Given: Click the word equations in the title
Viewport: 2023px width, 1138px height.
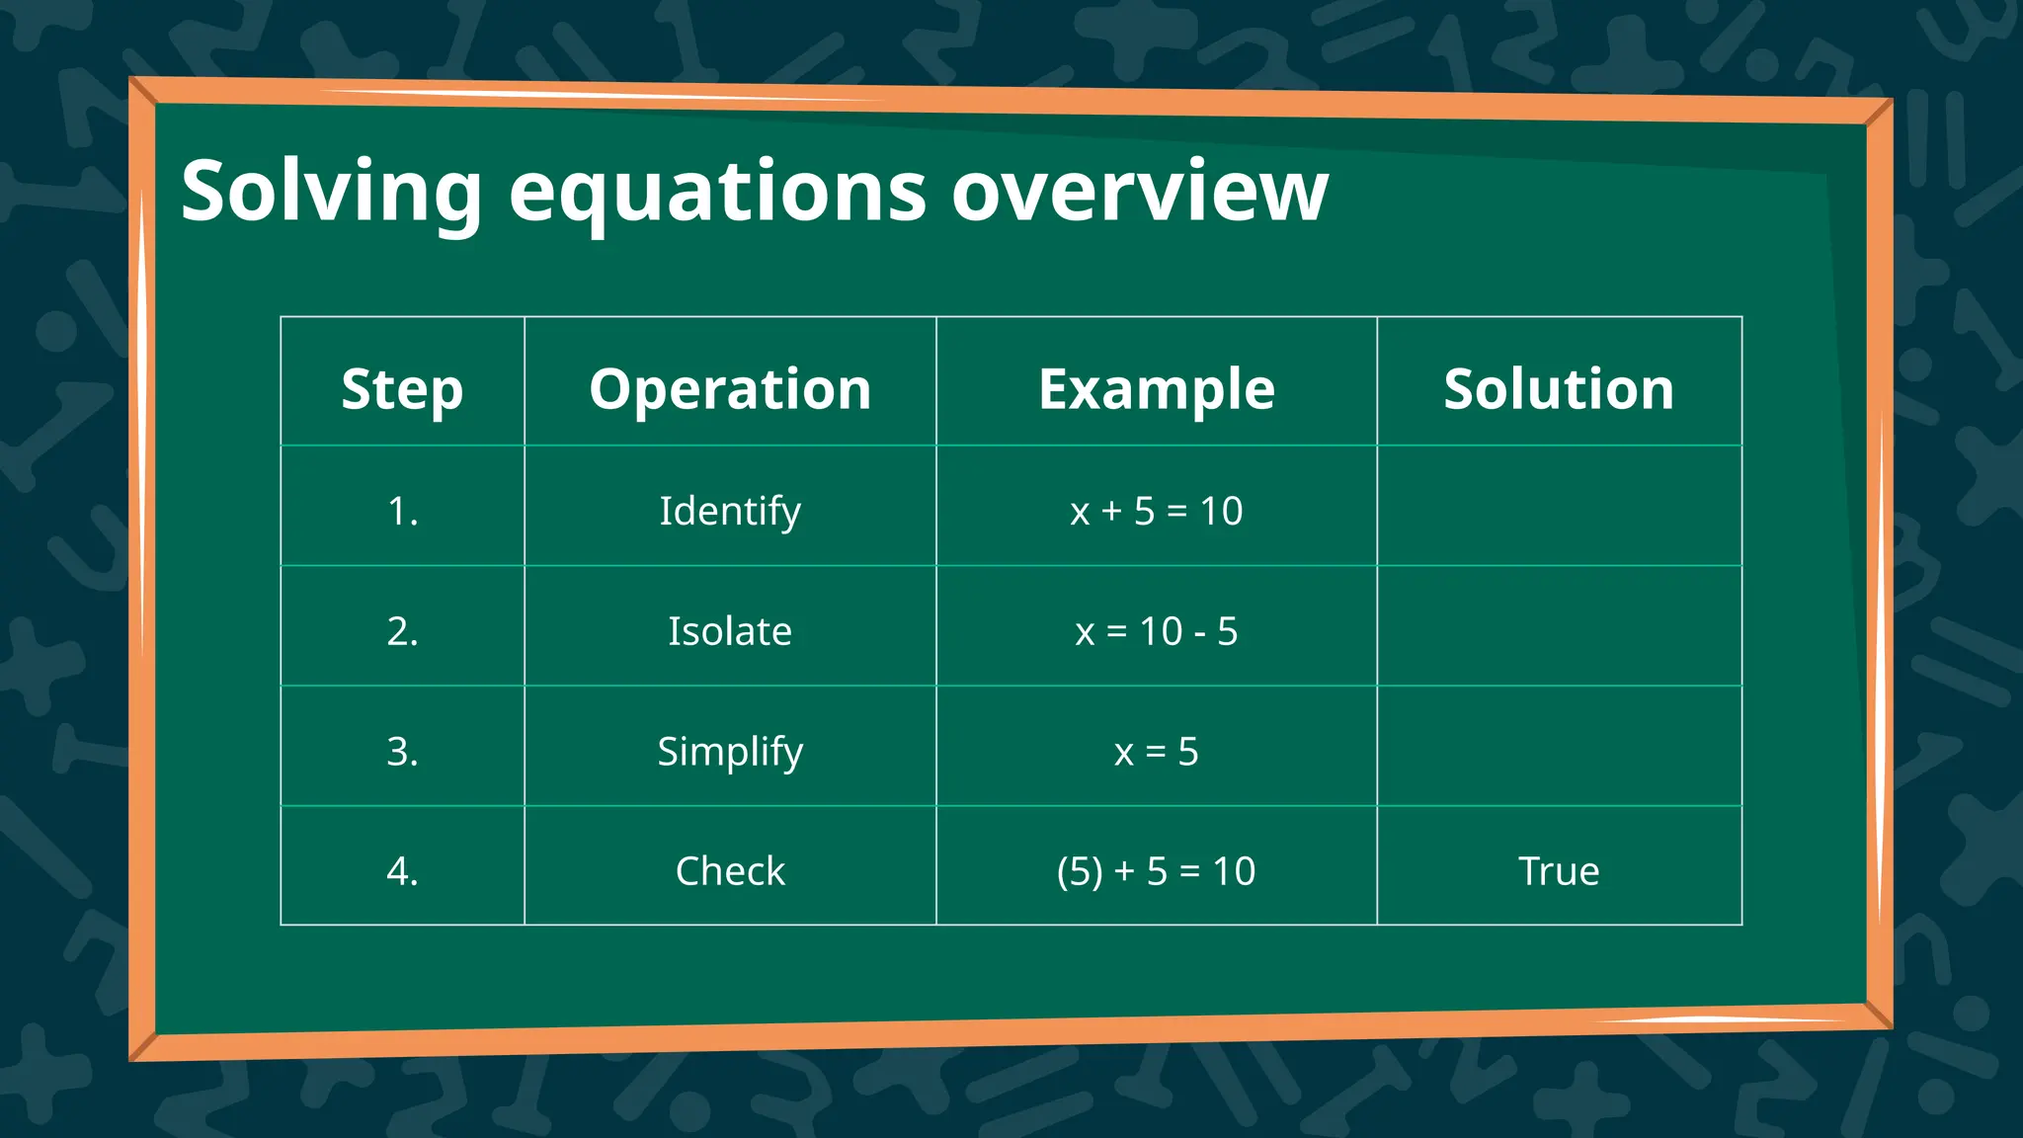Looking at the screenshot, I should [717, 192].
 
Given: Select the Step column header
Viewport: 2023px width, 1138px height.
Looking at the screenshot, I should [402, 388].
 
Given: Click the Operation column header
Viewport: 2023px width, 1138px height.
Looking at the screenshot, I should [730, 388].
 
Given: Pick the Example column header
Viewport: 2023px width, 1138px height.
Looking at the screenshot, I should [1156, 388].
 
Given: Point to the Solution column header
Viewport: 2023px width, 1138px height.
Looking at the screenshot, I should [1559, 388].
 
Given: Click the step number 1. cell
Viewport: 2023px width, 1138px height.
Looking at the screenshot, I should [402, 511].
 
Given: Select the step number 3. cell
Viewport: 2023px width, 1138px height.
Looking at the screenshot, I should [402, 752].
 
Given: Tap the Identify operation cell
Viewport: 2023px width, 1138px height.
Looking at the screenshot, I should [730, 511].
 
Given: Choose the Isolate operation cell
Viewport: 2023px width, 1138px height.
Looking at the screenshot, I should [730, 631].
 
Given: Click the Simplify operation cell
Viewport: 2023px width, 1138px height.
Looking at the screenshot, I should [730, 752].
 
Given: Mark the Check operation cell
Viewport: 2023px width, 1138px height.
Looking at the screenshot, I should [730, 871].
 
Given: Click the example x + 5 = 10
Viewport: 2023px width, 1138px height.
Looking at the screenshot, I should [1156, 511].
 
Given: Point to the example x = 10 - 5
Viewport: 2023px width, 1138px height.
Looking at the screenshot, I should [1156, 631].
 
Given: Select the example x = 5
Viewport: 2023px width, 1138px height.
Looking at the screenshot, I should [1156, 752].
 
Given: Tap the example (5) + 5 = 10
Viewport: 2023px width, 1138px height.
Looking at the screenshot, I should [1156, 871].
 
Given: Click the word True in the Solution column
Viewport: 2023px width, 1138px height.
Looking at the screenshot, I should [1559, 871].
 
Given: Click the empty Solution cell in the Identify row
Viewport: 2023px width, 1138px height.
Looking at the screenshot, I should [1559, 506].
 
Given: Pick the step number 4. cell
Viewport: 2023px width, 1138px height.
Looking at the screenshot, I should [402, 871].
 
